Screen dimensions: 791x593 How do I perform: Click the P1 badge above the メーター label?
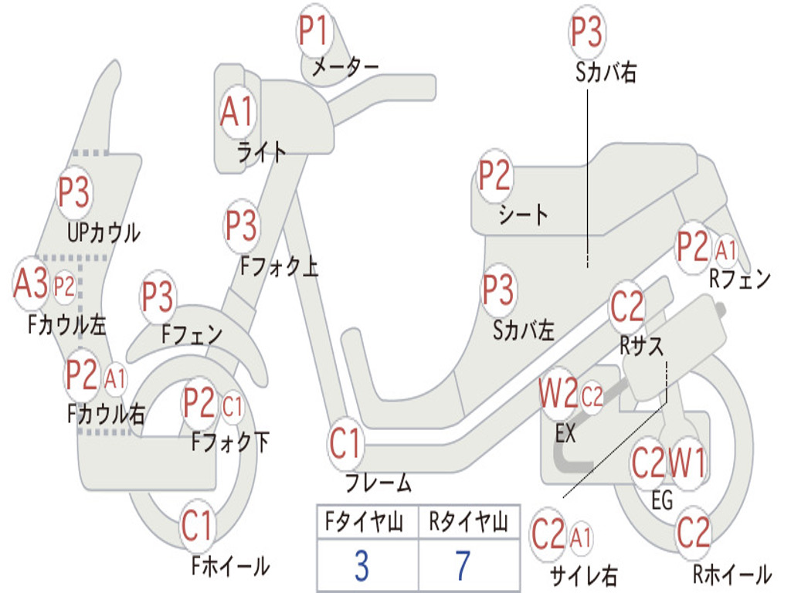click(x=315, y=30)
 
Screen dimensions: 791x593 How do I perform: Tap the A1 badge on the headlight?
click(x=237, y=111)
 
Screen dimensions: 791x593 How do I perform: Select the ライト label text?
click(x=261, y=152)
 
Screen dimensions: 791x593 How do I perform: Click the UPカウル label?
click(x=104, y=233)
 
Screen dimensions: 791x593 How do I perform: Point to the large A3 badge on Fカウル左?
click(x=31, y=283)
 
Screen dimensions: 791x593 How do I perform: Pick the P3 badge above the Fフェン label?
click(x=158, y=296)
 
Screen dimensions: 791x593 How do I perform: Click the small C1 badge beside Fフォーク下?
click(x=232, y=406)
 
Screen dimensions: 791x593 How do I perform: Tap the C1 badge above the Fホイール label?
click(x=197, y=525)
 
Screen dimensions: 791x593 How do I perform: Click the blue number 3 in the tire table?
click(x=362, y=566)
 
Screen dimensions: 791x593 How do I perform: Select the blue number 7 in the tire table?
click(x=463, y=566)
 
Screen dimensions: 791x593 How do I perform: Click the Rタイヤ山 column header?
click(x=468, y=521)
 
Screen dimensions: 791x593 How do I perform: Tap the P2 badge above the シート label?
click(x=494, y=175)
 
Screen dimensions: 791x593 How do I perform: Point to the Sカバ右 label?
click(x=606, y=72)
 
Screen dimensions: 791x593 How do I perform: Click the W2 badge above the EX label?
click(x=558, y=393)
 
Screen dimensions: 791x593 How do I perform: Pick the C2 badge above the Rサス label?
click(x=627, y=307)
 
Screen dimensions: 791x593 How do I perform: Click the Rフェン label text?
click(x=740, y=278)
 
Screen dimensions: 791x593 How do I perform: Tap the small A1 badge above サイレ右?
click(x=581, y=537)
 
